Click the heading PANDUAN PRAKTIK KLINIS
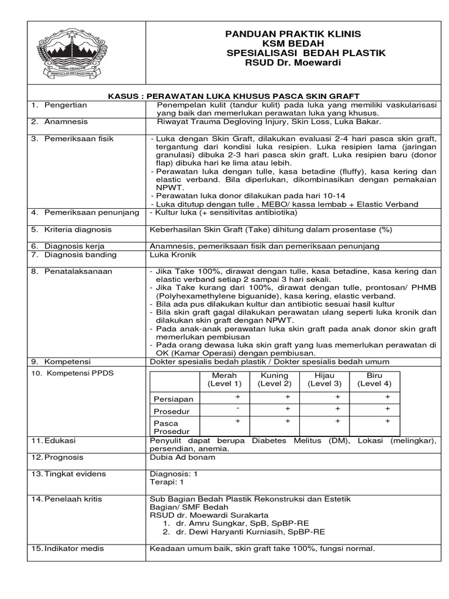click(x=293, y=34)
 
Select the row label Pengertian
click(x=65, y=105)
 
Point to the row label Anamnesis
click(x=65, y=122)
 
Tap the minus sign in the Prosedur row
click(x=238, y=408)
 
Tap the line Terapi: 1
click(x=167, y=483)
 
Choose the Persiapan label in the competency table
click(x=172, y=399)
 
